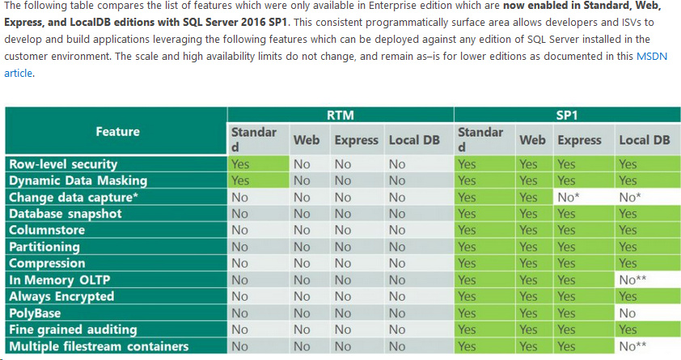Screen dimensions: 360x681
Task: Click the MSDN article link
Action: tap(650, 58)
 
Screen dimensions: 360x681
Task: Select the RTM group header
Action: tap(339, 115)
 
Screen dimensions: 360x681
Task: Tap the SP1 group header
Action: tap(565, 115)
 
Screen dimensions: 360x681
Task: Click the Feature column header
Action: tap(117, 131)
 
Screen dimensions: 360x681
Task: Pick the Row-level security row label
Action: tap(63, 164)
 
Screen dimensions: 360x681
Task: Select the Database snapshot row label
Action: tap(65, 214)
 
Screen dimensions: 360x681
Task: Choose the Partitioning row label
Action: tap(44, 247)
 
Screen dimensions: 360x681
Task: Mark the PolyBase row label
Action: tap(35, 313)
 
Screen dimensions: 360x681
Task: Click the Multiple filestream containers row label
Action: tap(99, 346)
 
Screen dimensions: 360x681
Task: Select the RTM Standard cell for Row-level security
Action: tap(258, 164)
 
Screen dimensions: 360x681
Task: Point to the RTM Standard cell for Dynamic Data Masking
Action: tap(258, 180)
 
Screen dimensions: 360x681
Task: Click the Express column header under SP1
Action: tap(579, 140)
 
